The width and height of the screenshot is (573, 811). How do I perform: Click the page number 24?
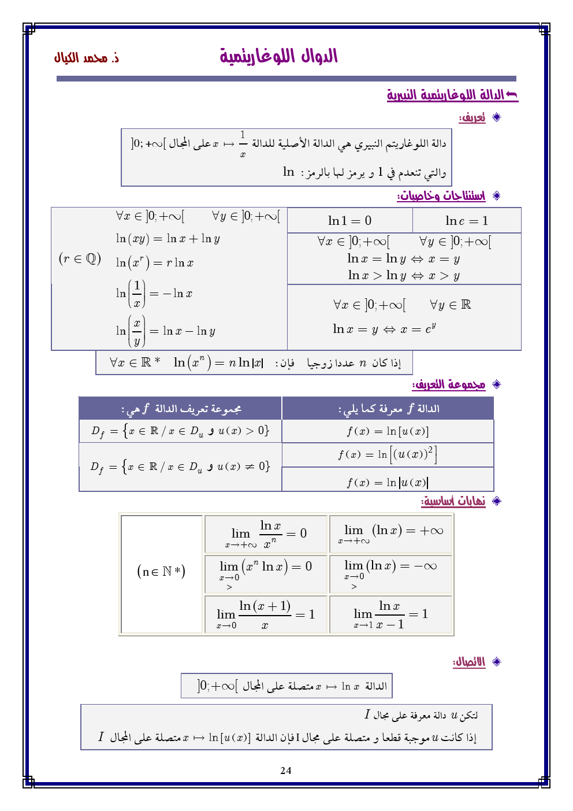(x=285, y=770)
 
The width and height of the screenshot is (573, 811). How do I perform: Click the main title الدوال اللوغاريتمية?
(x=279, y=57)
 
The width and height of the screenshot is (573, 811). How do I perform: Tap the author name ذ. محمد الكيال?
(x=87, y=58)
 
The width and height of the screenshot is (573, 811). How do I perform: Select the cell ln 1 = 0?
(x=349, y=220)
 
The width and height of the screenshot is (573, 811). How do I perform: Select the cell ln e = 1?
(x=467, y=220)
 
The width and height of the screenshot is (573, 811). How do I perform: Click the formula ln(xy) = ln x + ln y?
(x=168, y=238)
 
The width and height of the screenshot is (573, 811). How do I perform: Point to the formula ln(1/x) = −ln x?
(x=154, y=294)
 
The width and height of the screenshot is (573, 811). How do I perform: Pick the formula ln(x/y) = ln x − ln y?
(x=165, y=331)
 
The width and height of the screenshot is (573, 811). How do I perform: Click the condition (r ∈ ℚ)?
(x=80, y=258)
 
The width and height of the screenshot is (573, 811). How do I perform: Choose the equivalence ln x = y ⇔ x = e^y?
(x=384, y=329)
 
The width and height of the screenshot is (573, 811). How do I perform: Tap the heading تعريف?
(x=472, y=118)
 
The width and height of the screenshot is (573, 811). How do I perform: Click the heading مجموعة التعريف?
(x=449, y=384)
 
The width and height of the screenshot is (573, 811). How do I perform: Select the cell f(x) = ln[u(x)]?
(x=388, y=431)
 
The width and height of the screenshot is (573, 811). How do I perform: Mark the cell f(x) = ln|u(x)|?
(x=388, y=482)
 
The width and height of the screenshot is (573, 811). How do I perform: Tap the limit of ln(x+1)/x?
(x=266, y=614)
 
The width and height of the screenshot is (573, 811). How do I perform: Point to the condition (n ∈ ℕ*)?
(x=161, y=572)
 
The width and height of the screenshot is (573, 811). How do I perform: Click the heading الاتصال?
(x=469, y=662)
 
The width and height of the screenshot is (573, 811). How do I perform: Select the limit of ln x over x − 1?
(x=390, y=614)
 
